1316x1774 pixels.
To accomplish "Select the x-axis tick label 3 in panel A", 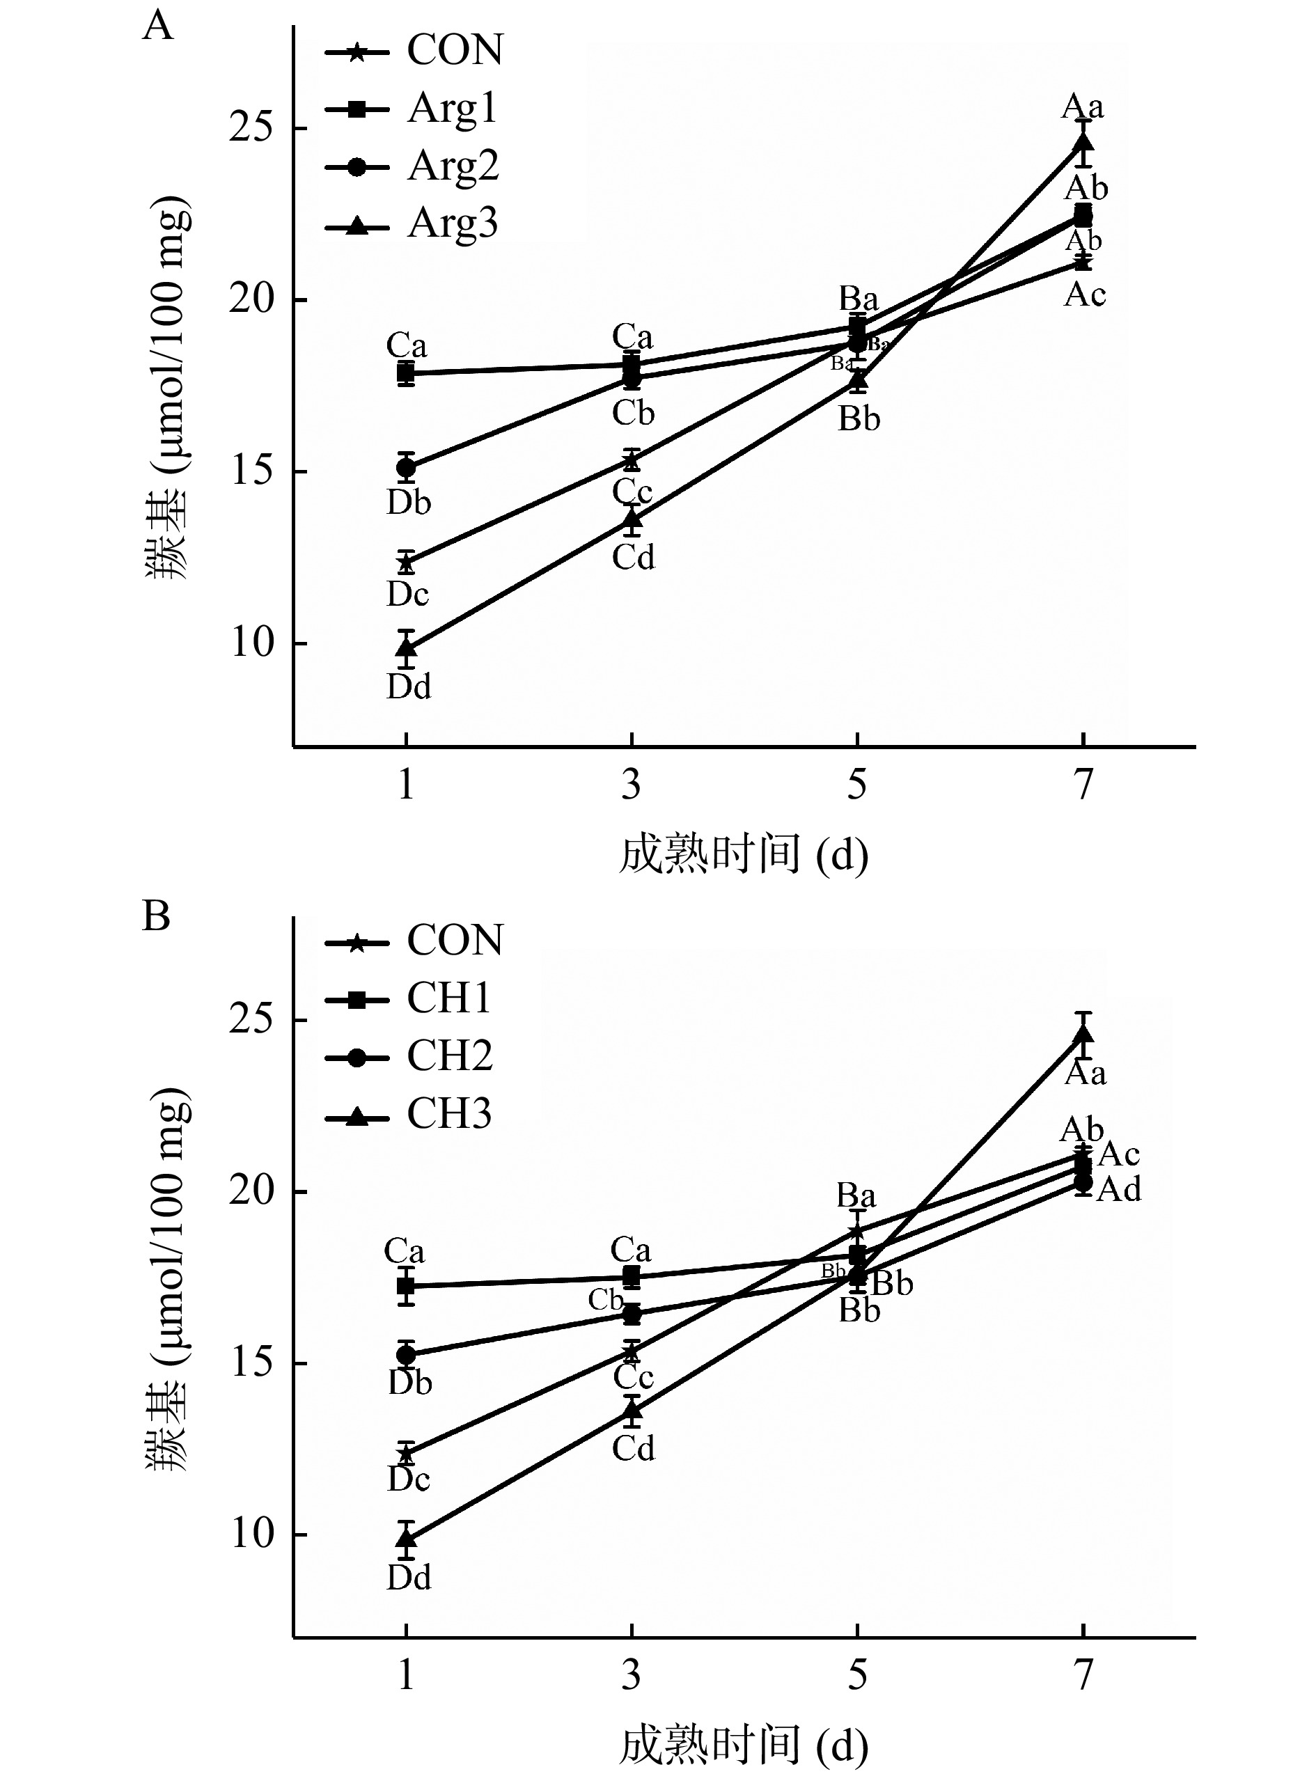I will (x=631, y=785).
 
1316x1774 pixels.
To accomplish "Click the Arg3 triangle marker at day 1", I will (x=406, y=647).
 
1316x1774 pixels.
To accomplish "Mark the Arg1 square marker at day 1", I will (x=406, y=372).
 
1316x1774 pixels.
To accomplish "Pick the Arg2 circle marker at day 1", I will (x=406, y=468).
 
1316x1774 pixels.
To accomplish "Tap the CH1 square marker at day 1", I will (x=406, y=1286).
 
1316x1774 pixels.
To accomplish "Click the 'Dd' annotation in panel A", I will (x=409, y=686).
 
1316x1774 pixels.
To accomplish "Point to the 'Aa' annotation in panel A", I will (x=1083, y=107).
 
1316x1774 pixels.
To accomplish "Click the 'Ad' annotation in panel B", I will (x=1119, y=1190).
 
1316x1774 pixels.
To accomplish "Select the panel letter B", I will (x=156, y=917).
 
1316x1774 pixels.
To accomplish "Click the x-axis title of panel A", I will (x=743, y=856).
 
